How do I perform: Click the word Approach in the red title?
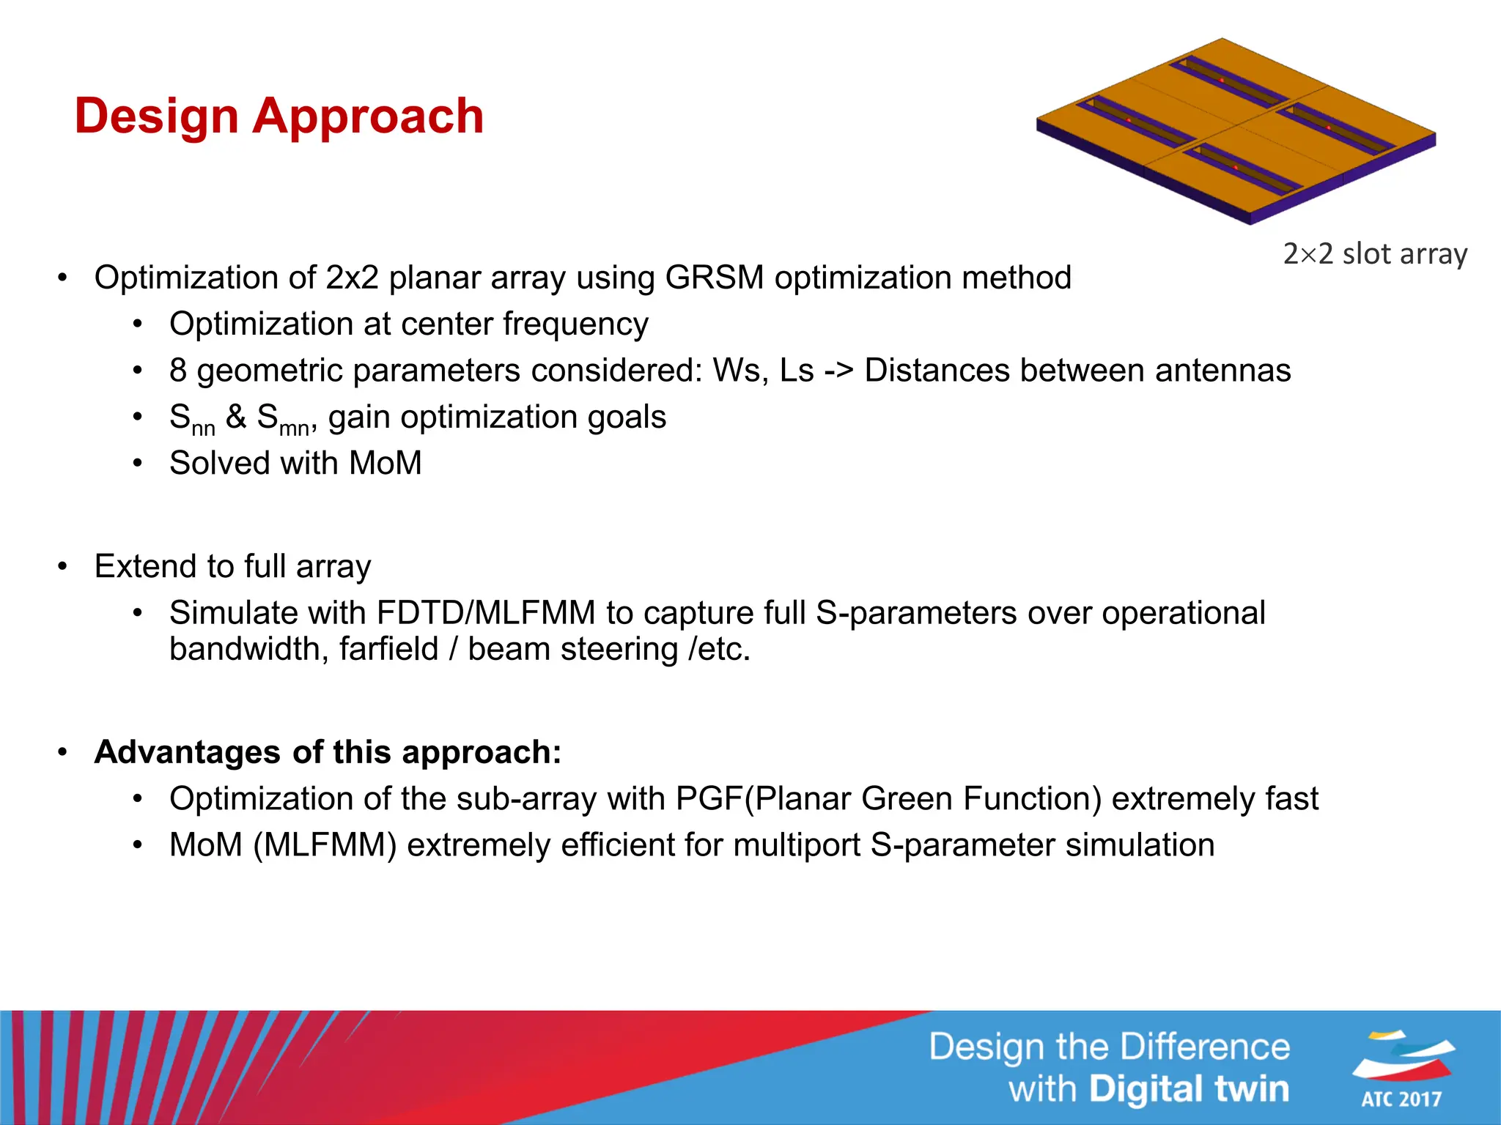click(x=368, y=117)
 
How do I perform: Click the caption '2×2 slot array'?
click(x=1375, y=254)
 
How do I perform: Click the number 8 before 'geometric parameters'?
click(x=178, y=371)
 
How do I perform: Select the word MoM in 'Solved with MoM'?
click(x=386, y=464)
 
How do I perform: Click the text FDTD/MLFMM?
click(x=485, y=613)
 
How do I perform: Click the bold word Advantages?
click(x=188, y=753)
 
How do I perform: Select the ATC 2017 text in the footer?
click(x=1401, y=1099)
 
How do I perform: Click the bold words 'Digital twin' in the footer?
click(x=1188, y=1089)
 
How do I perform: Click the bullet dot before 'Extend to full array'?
click(x=63, y=567)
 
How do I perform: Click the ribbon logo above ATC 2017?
click(x=1403, y=1055)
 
